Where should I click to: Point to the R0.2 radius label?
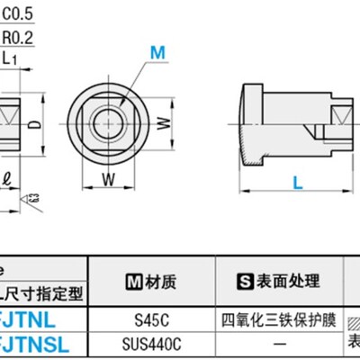point(19,39)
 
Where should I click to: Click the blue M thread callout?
point(157,53)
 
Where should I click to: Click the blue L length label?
point(296,183)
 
